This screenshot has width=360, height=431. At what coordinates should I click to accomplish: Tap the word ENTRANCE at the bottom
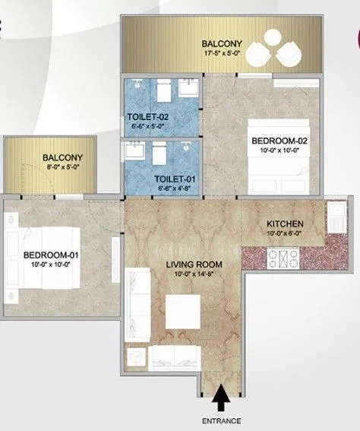221,420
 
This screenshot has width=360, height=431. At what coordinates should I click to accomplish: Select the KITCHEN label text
286,223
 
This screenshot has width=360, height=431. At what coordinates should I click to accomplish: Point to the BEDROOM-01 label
49,255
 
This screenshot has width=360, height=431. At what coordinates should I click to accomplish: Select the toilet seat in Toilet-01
159,154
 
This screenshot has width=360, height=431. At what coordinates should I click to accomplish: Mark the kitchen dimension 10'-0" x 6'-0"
286,233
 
